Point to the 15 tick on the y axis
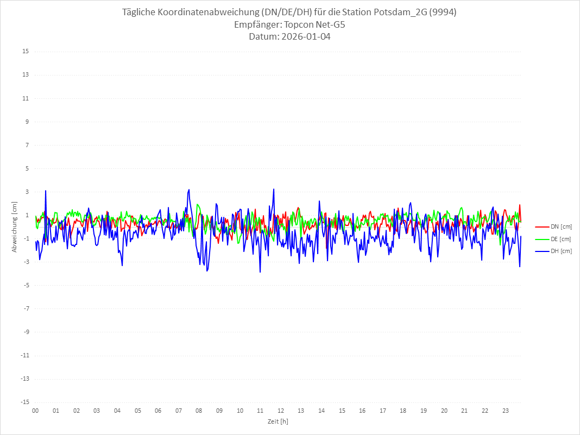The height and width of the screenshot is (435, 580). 26,52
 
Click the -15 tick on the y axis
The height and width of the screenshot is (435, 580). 24,402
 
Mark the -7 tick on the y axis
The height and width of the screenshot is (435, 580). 26,308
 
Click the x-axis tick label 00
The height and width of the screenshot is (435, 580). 35,411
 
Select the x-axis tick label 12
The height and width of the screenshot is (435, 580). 281,411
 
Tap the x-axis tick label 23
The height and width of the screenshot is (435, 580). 506,411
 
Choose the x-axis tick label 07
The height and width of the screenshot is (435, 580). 179,411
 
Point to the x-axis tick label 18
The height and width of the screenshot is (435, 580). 404,411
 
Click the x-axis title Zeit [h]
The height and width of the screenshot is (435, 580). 278,421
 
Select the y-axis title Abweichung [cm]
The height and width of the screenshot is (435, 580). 15,226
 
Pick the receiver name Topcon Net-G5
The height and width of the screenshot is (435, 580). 314,25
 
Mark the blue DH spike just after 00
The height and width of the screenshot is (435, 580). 46,191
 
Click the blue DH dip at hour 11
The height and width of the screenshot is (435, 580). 260,272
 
